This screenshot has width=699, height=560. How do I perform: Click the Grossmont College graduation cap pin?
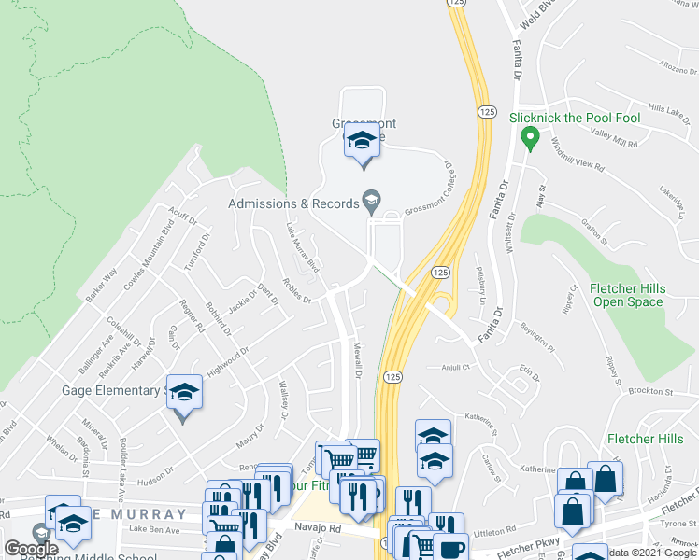point(362,143)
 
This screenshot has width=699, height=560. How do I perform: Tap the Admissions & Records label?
point(294,203)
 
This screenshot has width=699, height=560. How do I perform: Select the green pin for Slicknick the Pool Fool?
point(531,140)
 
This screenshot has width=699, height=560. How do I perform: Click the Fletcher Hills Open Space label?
point(629,296)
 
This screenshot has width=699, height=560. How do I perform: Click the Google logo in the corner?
point(31,549)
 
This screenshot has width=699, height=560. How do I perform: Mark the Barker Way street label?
point(101,285)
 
